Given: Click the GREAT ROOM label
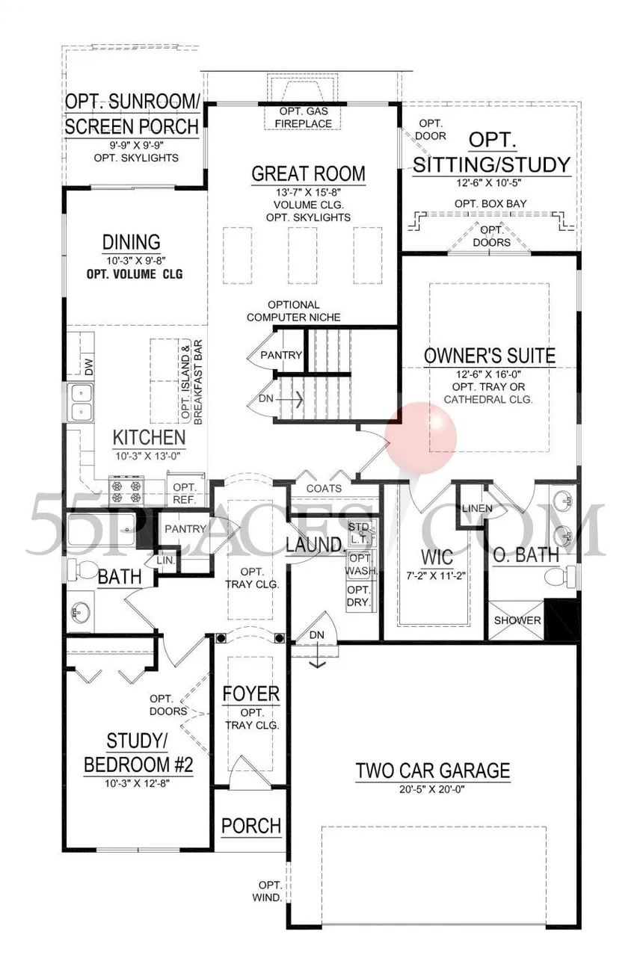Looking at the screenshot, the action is [308, 174].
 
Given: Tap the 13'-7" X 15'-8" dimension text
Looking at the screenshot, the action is [308, 192].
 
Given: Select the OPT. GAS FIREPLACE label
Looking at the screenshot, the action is [304, 117].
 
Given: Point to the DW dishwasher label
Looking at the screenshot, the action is [89, 367].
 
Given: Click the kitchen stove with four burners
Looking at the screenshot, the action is [126, 492].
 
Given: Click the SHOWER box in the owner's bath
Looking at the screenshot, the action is [517, 620].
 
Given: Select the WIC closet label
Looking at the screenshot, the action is [437, 557].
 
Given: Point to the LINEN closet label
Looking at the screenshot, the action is [477, 508].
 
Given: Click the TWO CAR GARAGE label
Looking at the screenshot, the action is [433, 770].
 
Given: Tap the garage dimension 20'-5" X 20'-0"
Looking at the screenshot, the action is [431, 789].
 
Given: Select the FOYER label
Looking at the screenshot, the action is [251, 693].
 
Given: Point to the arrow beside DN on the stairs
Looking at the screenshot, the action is [289, 400].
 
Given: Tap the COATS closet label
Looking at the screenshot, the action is [324, 489].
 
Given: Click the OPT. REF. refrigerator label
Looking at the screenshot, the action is [185, 494].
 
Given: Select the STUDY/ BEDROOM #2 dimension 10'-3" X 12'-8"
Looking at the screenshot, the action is [137, 783].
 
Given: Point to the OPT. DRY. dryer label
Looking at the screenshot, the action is [359, 596].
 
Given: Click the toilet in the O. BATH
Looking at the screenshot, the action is [560, 576].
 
